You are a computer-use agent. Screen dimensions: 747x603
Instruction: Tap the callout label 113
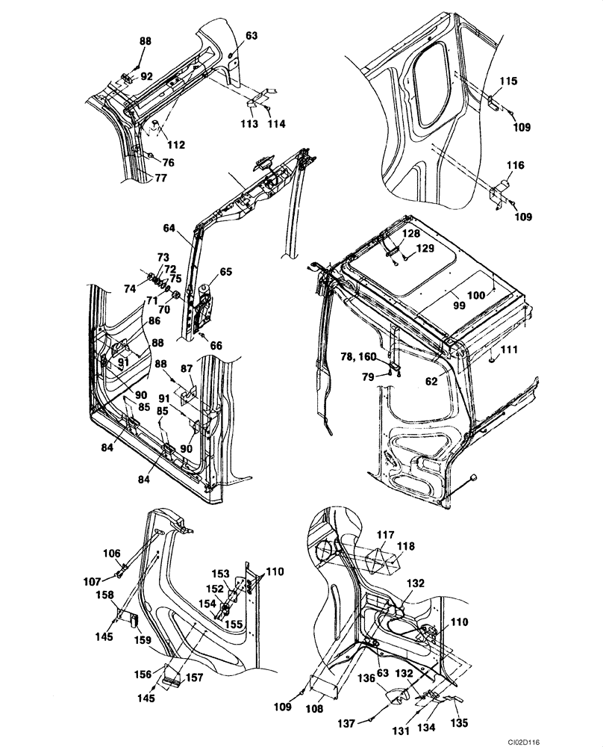pyautogui.click(x=249, y=123)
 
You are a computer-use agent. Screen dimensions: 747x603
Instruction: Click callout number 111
pyautogui.click(x=509, y=350)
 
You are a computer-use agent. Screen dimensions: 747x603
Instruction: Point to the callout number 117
pyautogui.click(x=385, y=534)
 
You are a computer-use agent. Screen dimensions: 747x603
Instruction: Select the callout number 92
pyautogui.click(x=147, y=75)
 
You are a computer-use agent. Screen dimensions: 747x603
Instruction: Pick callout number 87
pyautogui.click(x=186, y=369)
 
